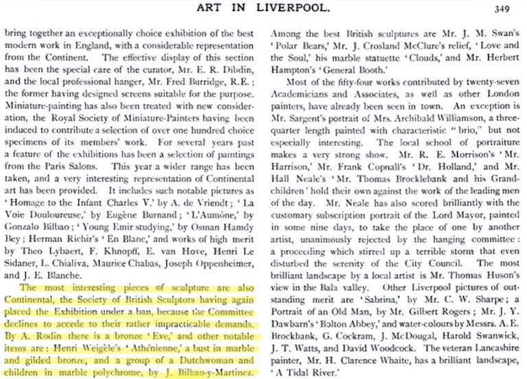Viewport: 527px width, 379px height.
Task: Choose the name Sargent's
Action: coord(302,117)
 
